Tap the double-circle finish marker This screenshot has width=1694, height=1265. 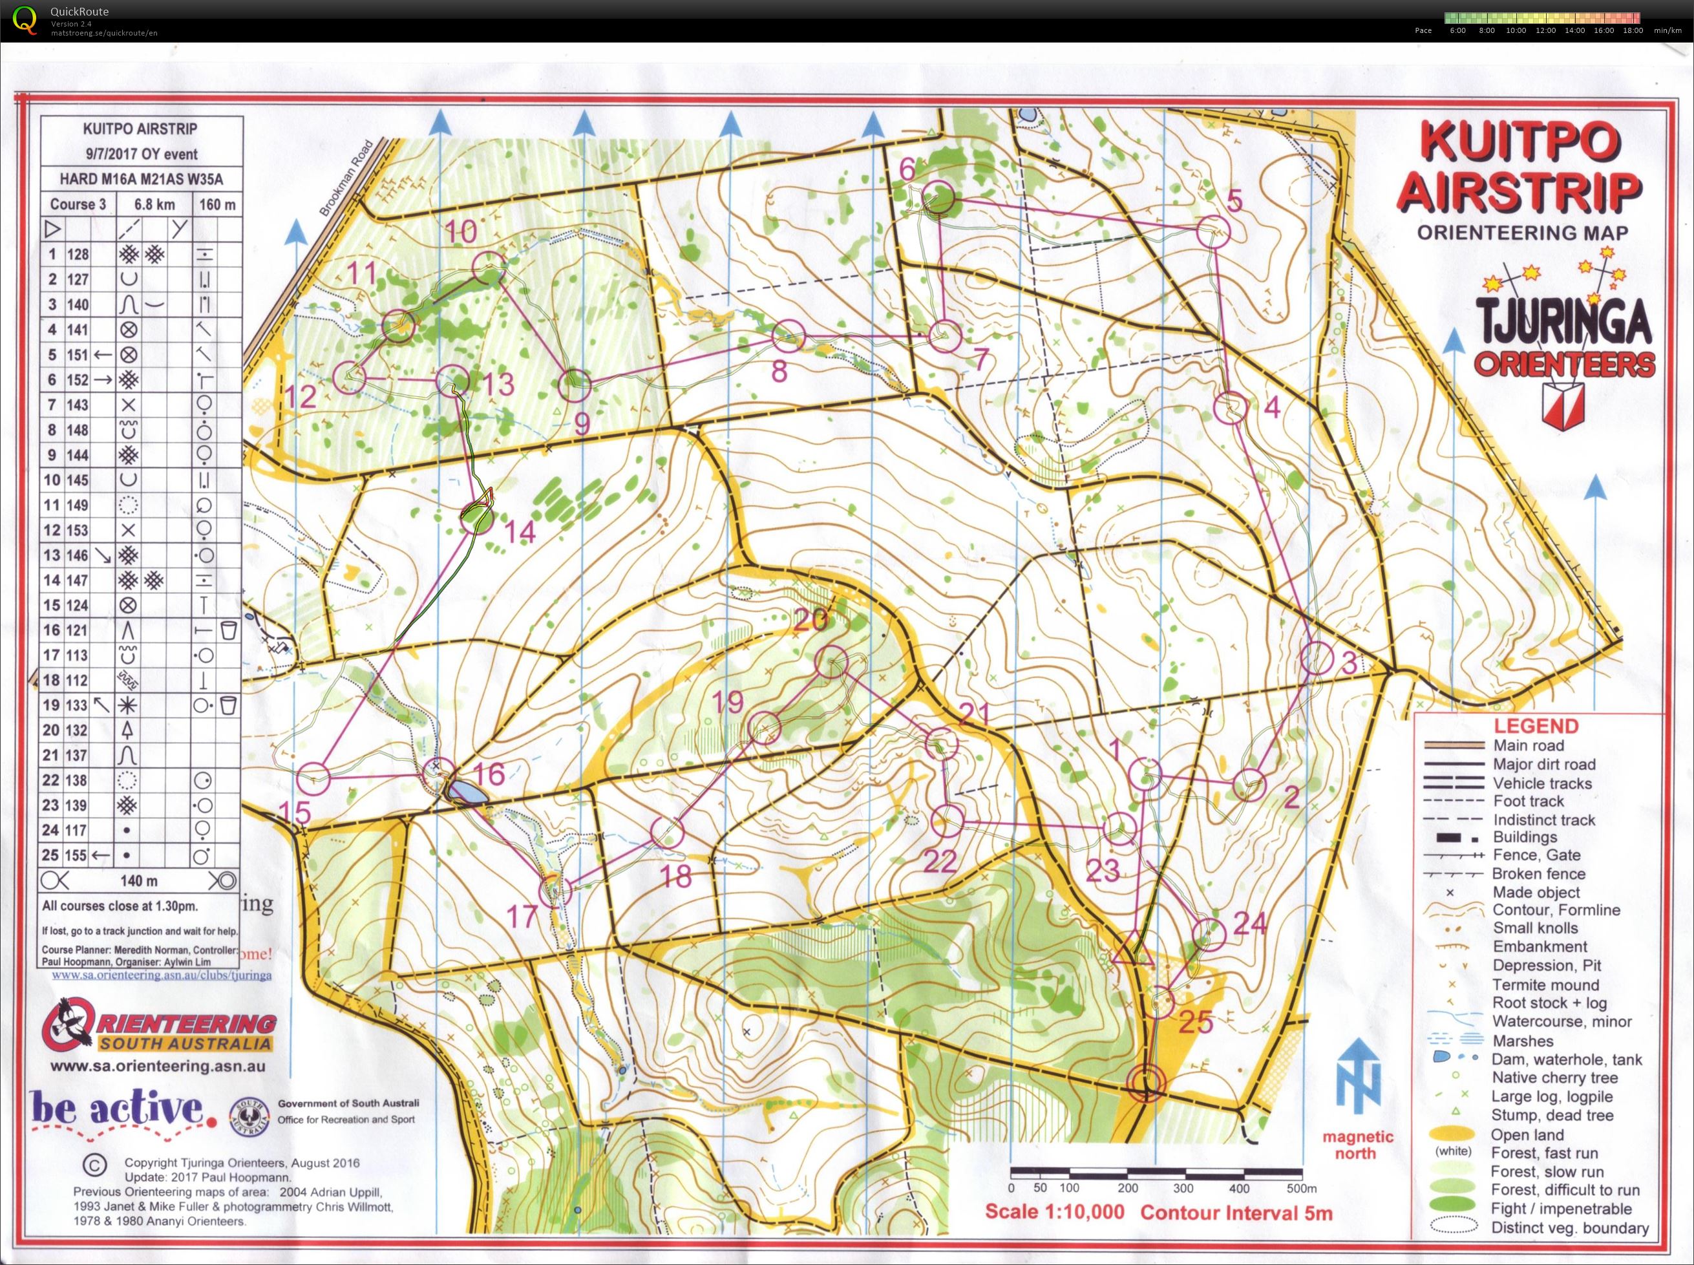tap(1146, 1083)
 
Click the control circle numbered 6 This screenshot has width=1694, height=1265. tap(939, 198)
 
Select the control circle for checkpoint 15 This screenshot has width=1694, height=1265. tap(313, 778)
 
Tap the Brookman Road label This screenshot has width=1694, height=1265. tap(345, 178)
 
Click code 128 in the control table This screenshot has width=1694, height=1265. tap(78, 254)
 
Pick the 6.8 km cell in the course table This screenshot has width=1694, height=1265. tap(154, 204)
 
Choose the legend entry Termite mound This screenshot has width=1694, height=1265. tap(1545, 984)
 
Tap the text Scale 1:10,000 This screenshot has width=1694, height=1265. tap(1054, 1211)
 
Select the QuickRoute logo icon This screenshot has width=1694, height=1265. tap(25, 20)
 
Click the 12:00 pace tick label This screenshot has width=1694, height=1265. tap(1545, 30)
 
